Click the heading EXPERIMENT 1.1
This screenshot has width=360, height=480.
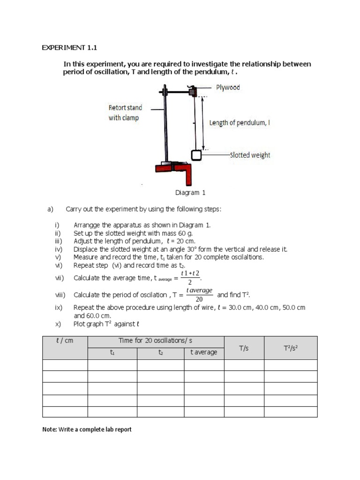(70, 48)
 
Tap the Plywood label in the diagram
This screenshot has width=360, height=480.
(228, 88)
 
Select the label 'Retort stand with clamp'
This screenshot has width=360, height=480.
(125, 113)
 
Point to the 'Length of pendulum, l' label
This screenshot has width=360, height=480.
(239, 123)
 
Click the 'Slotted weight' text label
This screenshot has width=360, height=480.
(249, 155)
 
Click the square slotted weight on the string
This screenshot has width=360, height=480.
(196, 155)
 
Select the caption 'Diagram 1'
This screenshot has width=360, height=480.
(190, 193)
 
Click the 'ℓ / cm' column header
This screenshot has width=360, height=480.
(65, 341)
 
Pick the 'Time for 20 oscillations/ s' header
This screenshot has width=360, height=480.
(156, 341)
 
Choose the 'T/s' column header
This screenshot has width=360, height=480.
(244, 348)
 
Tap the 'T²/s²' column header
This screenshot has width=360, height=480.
(291, 348)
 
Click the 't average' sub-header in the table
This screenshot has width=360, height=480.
(203, 352)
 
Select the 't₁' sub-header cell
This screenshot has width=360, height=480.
(112, 352)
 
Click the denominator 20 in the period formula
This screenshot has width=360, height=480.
(199, 300)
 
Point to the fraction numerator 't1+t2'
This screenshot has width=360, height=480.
(190, 273)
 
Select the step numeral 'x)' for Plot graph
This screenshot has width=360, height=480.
(58, 324)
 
